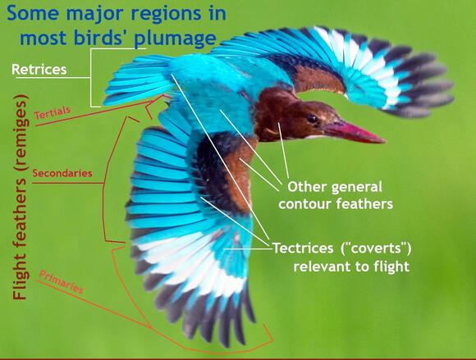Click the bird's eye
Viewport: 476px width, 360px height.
pos(312,118)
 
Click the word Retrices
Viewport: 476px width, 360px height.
pos(39,69)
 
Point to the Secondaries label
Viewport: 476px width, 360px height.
pos(62,173)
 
